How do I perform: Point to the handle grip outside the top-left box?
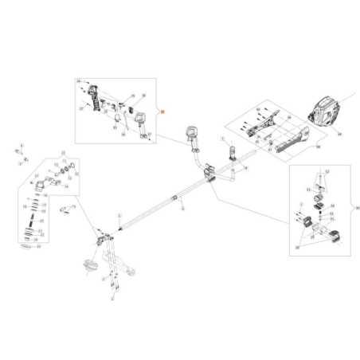click(193, 136)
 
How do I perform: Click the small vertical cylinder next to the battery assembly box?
click(233, 151)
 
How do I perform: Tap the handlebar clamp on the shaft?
click(211, 171)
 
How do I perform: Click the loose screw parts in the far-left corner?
click(21, 155)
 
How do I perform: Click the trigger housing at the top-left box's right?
click(140, 122)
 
